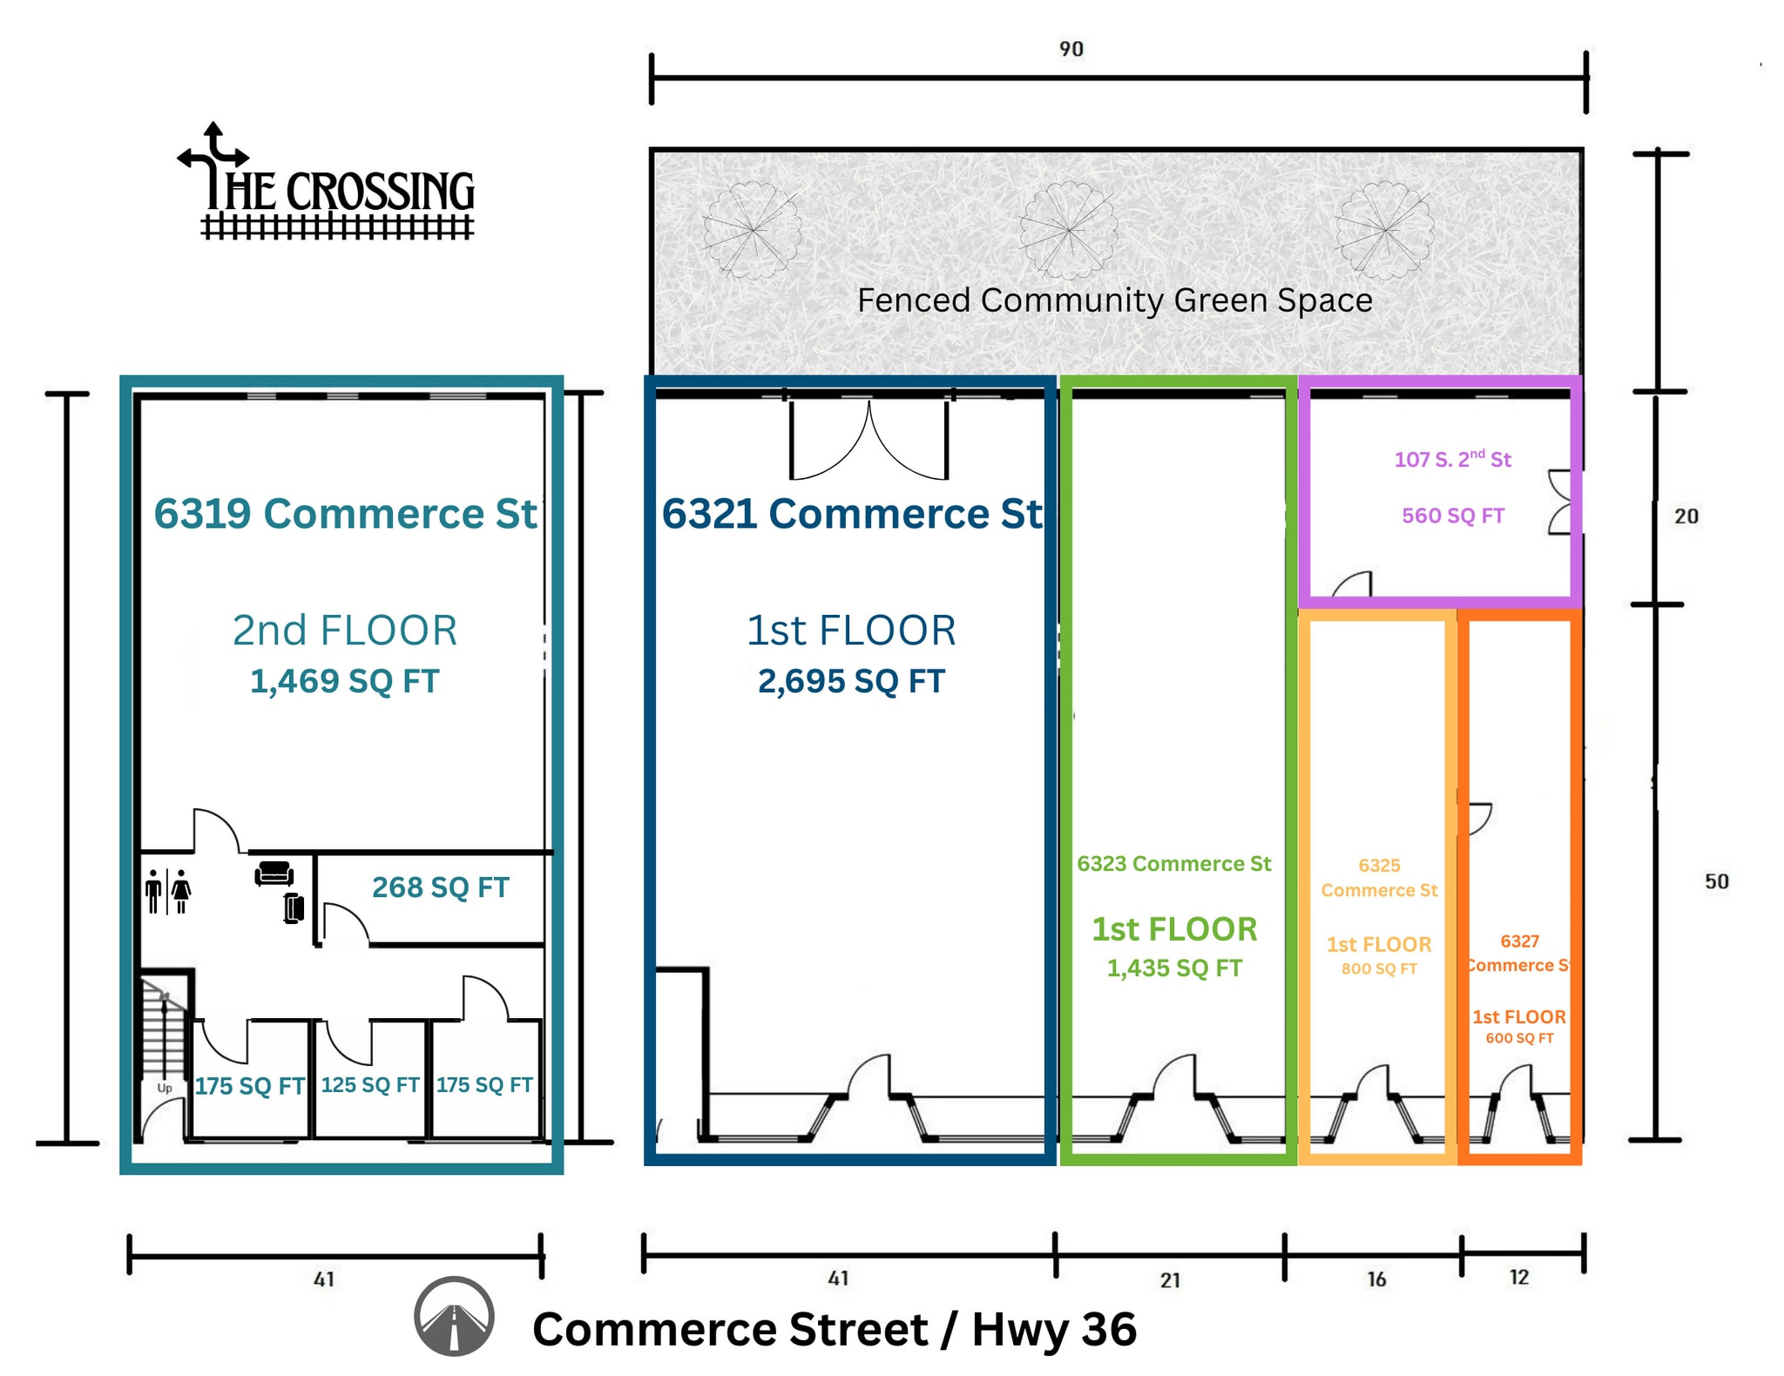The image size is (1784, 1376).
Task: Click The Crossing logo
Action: click(327, 182)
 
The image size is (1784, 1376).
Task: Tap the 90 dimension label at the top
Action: click(1071, 49)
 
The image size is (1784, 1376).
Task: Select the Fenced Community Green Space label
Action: click(1115, 300)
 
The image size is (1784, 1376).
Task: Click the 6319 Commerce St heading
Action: click(346, 514)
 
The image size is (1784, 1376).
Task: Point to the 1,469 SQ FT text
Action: click(345, 681)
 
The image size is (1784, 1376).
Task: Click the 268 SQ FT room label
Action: click(441, 887)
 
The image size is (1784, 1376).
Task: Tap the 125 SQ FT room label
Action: click(370, 1085)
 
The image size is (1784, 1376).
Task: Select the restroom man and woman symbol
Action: click(168, 891)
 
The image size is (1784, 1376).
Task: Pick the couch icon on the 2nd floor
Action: click(274, 873)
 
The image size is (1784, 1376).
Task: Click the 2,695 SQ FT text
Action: click(851, 681)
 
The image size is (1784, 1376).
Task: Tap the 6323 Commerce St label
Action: click(1174, 864)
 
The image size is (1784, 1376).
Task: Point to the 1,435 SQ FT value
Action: click(1174, 968)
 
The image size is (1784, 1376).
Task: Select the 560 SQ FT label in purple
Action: click(1453, 516)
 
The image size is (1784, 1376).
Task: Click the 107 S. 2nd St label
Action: click(1453, 458)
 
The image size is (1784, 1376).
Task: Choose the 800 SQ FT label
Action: click(1379, 969)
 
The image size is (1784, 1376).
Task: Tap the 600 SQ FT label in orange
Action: click(1519, 1038)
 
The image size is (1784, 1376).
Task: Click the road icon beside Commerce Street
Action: click(454, 1317)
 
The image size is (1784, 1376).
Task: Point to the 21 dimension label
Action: click(1170, 1280)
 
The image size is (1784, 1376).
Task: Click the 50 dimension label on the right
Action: click(1716, 881)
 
